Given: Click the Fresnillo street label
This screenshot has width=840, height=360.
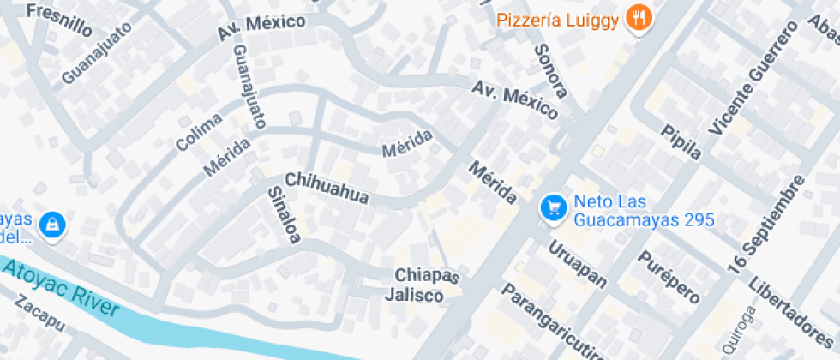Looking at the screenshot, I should point(59,19).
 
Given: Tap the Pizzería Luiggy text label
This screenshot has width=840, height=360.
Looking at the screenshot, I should point(557,18).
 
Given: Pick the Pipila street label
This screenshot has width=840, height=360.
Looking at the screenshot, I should point(681,141).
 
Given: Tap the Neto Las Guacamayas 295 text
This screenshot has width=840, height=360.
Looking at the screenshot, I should point(644,211).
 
